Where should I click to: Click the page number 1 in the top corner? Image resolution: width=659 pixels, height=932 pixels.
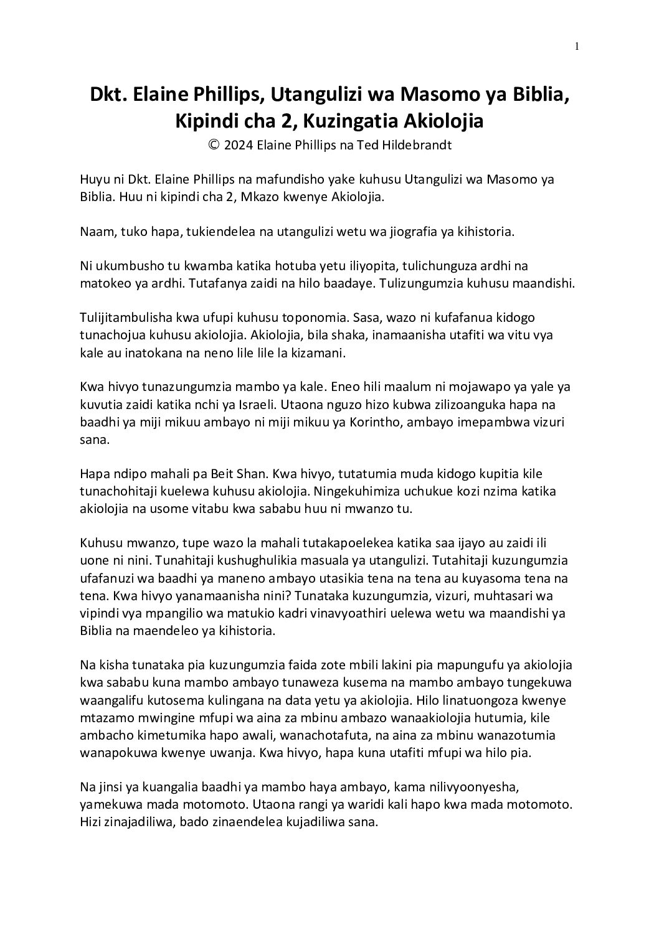point(577,45)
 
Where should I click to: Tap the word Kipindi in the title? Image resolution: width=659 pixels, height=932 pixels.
point(207,121)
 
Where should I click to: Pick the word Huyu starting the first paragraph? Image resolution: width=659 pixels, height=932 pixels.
point(93,180)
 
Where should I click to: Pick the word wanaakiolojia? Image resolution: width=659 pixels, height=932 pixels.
point(391,717)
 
